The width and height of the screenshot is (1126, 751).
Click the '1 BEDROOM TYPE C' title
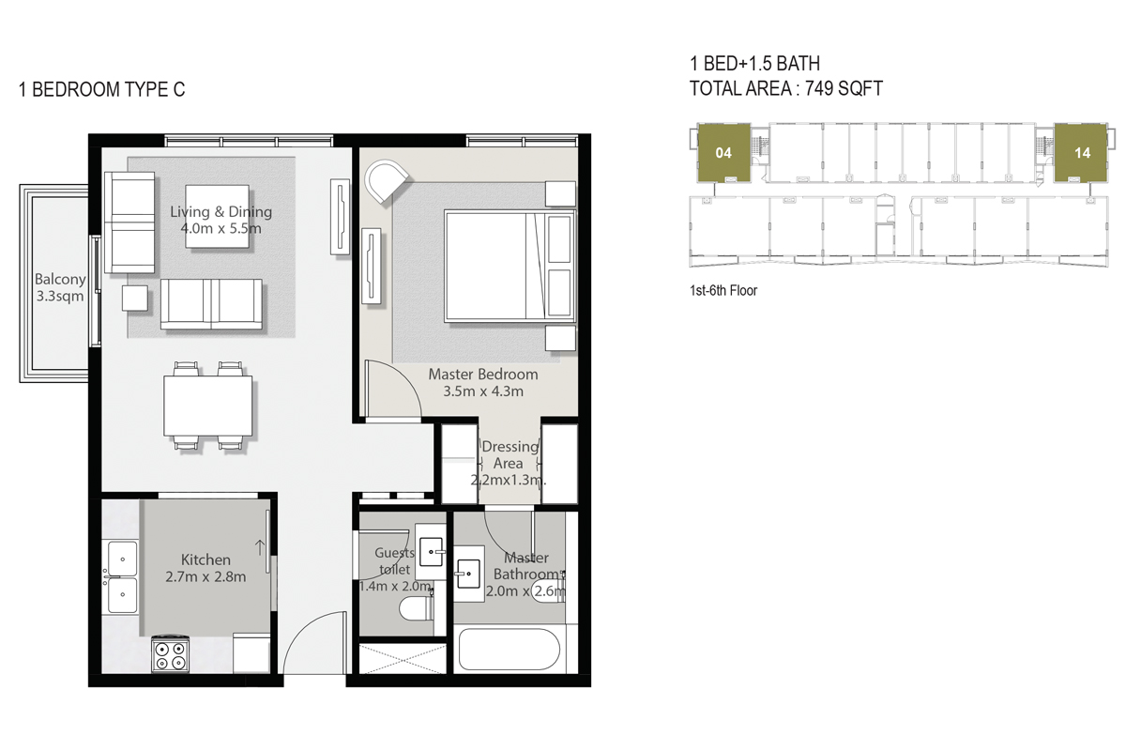point(102,90)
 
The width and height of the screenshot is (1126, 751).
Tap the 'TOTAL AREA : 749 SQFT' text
point(786,88)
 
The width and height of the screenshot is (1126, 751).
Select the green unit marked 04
point(723,153)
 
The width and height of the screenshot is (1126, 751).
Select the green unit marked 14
point(1082,153)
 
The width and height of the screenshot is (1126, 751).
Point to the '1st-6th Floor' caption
point(723,291)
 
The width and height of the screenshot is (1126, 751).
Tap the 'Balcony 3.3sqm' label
point(60,287)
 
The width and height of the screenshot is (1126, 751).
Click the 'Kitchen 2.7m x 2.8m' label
point(206,568)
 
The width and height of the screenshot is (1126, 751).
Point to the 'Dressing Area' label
point(510,455)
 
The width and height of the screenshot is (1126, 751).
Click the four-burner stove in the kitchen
point(170,654)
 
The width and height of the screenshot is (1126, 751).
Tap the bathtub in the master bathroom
point(510,650)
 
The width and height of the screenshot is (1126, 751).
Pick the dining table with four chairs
point(208,406)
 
